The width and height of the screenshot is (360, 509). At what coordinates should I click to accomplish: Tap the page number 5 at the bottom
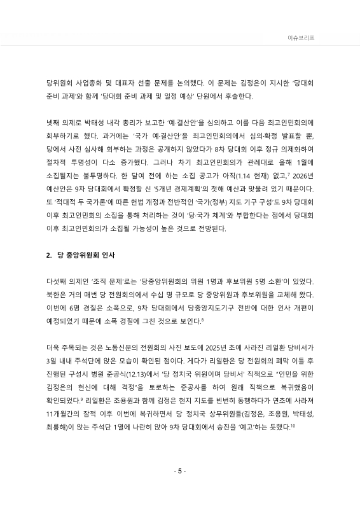click(180, 471)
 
